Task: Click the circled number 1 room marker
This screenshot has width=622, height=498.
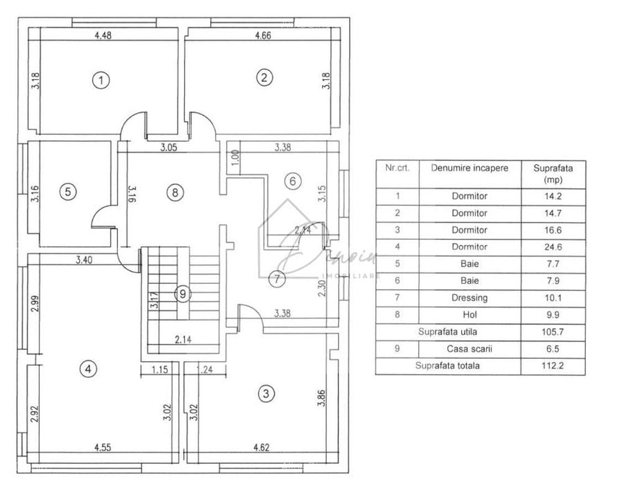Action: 101,80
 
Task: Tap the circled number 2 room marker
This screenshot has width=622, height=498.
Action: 264,77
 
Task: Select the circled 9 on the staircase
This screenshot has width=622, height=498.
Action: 182,294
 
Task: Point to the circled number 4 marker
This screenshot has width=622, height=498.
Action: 88,369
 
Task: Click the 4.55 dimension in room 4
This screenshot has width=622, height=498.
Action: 102,448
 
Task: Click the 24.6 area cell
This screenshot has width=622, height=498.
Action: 552,247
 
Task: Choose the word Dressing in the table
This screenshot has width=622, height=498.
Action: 469,298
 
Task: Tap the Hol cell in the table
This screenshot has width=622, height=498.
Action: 469,315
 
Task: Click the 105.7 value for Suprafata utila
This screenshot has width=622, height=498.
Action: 552,332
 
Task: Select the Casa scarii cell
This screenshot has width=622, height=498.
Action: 469,349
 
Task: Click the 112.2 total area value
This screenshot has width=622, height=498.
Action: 552,366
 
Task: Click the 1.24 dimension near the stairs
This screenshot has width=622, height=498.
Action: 205,370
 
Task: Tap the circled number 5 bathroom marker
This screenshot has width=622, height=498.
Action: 67,192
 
